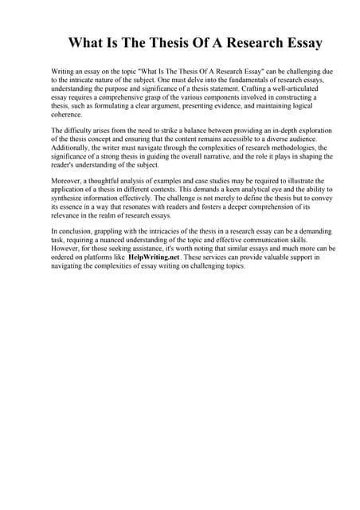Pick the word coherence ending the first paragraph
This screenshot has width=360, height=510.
(68, 115)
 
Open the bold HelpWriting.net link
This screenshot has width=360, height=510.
(158, 257)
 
